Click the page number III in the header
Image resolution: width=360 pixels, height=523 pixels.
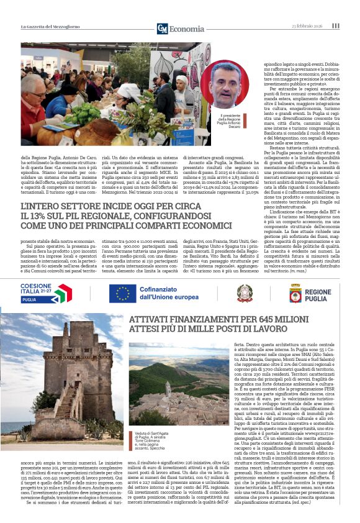(336, 26)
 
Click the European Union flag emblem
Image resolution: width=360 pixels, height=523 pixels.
(122, 294)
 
